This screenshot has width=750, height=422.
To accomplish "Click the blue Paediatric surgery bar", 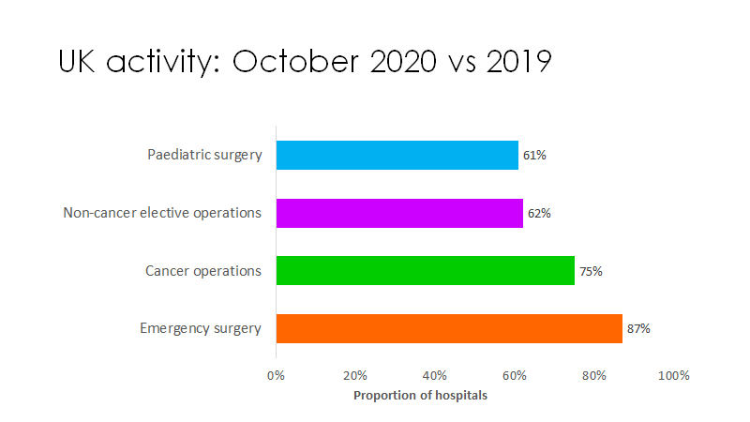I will tap(397, 155).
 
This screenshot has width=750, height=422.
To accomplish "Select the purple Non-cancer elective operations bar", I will tap(399, 213).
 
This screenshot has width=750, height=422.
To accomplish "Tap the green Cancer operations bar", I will tap(425, 271).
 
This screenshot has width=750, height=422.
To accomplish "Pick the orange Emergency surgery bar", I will tap(449, 328).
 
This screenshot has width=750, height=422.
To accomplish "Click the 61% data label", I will tap(534, 155).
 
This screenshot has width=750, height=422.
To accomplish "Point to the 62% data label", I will tap(539, 213).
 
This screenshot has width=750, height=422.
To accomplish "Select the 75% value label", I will tap(591, 271).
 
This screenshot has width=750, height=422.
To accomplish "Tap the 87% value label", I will tap(638, 328).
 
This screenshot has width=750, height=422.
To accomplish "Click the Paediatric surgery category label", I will tap(204, 155).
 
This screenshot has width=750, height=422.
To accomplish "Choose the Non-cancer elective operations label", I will tap(162, 213).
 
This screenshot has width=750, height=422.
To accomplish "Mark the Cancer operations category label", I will tap(202, 271).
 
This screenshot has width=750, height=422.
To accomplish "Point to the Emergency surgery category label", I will tap(201, 328).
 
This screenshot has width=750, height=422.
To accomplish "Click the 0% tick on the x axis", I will tap(276, 375).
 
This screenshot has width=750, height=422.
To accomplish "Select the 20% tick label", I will tap(354, 375).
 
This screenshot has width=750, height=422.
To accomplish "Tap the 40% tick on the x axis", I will tap(434, 375).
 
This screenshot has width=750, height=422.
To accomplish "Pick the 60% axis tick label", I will tap(514, 375).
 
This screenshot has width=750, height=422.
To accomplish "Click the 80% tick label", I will tap(593, 375).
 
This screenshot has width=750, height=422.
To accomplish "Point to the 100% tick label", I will tap(673, 375).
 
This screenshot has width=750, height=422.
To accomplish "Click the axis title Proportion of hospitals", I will tap(420, 395).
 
